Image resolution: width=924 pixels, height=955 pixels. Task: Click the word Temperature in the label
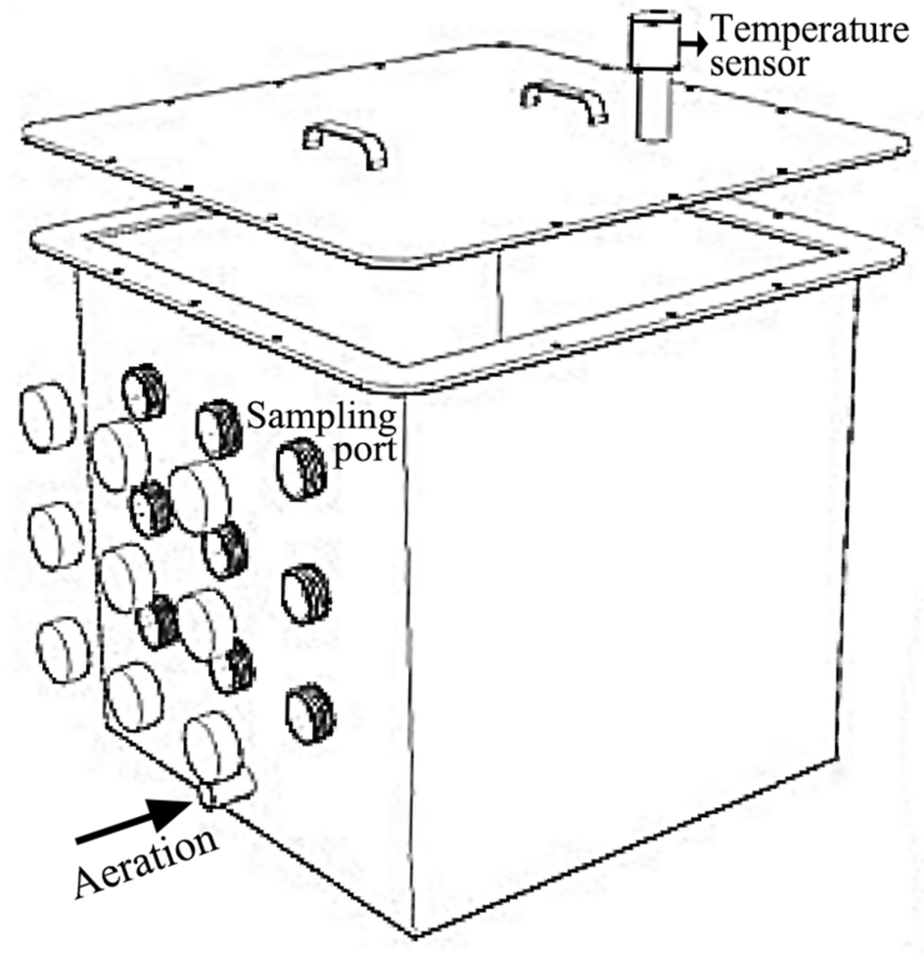pos(808,30)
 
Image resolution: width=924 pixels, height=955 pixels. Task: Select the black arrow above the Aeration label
pos(132,820)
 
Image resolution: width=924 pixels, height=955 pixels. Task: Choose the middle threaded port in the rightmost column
pos(306,593)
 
